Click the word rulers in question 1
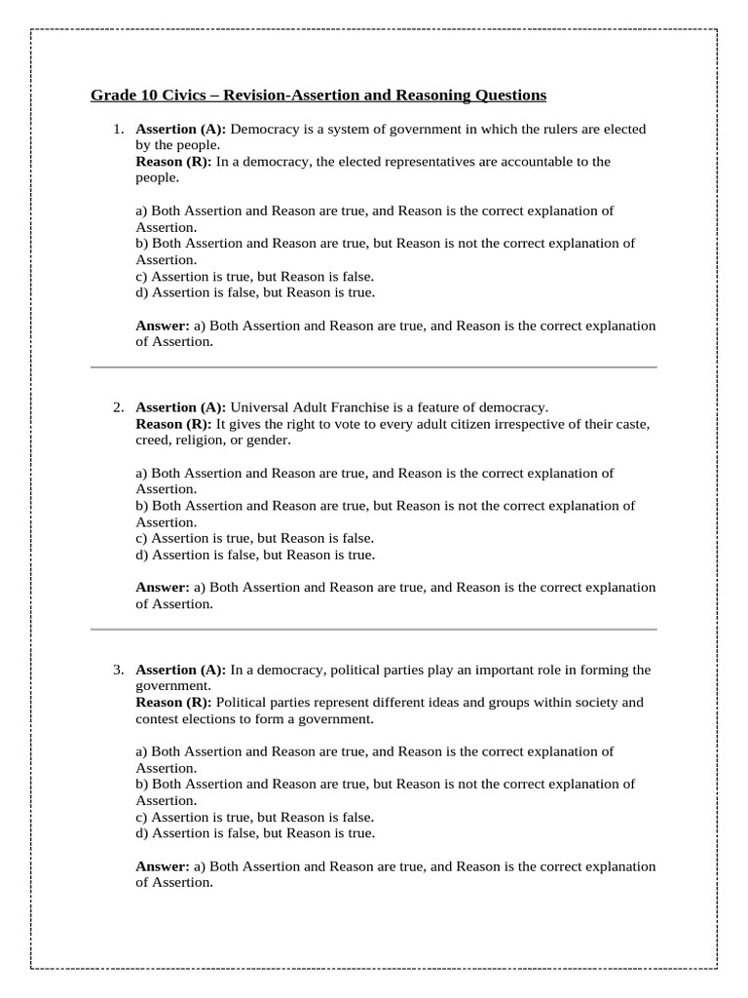coord(537,129)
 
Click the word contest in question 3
coord(157,718)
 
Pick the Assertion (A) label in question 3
coord(180,670)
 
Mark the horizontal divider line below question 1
coord(374,367)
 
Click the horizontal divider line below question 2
coord(374,630)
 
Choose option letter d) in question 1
coord(142,292)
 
